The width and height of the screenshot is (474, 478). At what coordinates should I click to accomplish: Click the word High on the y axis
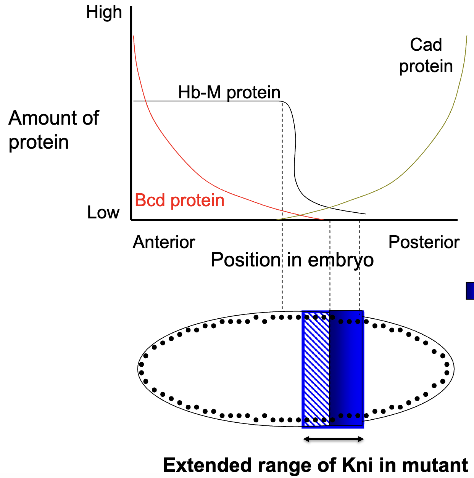pos(104,13)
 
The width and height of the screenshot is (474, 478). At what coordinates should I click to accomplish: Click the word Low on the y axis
pos(103,213)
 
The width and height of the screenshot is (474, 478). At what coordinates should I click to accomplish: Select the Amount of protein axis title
pos(53,130)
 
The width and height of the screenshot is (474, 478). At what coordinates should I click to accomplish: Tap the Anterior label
pos(164,242)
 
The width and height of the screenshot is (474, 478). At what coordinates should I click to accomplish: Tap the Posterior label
pos(424,242)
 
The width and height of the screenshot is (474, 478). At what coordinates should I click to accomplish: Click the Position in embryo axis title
pos(292,260)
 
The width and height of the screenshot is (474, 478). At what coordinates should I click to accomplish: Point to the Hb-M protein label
pos(229,93)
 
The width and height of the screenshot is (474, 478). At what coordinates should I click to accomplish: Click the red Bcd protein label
pos(179,201)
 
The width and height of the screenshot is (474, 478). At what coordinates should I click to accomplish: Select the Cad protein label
pos(426,56)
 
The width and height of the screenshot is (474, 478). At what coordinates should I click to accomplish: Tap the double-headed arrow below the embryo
pos(333,439)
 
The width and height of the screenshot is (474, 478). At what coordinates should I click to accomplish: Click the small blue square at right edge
pos(470,290)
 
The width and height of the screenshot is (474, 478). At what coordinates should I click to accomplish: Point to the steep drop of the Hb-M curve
pos(294,152)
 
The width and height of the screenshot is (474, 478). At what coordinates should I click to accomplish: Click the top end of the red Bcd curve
pos(134,37)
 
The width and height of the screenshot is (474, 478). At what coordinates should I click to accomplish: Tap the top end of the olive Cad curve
pos(466,37)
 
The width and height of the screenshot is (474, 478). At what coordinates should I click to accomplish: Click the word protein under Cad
pos(426,66)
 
